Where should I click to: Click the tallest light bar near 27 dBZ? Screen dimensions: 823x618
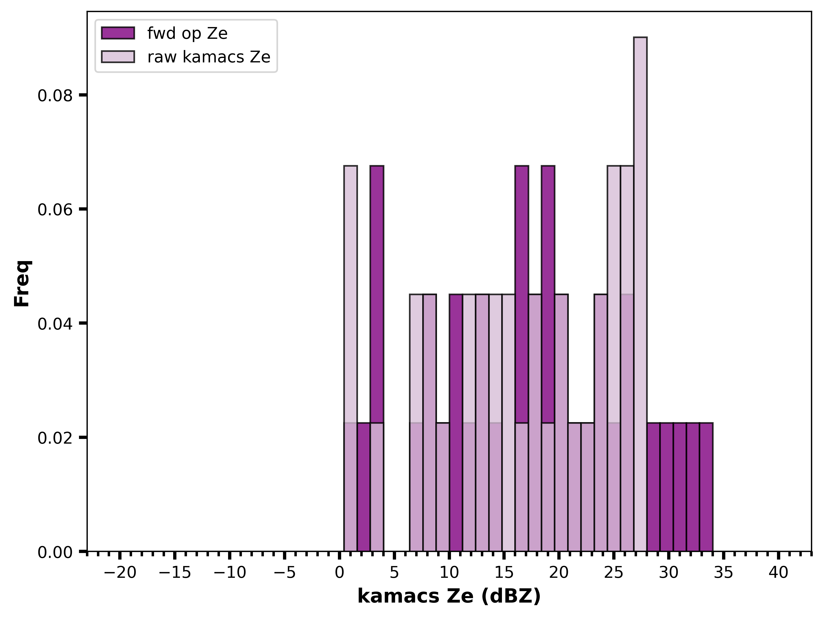coord(640,294)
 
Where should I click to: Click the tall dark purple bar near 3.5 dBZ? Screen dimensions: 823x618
coord(377,294)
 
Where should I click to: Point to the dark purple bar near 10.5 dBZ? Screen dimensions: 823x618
coord(456,423)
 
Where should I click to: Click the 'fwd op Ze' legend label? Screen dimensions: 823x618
coord(187,33)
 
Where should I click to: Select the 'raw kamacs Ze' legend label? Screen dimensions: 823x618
coord(209,57)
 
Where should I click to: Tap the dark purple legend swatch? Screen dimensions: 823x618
coord(118,33)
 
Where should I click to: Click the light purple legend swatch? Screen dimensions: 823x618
coord(118,57)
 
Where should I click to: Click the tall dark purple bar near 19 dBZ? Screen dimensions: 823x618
coord(548,294)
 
